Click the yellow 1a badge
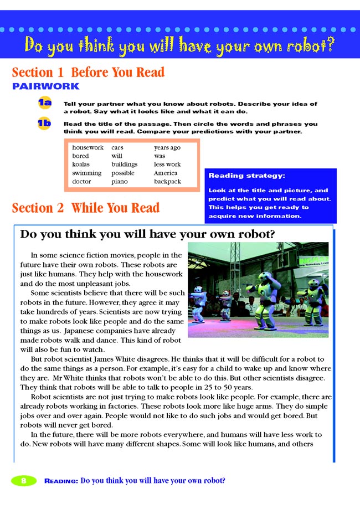(44, 104)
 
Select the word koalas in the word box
(81, 164)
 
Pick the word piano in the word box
(119, 181)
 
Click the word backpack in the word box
(168, 181)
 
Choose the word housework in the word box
(88, 148)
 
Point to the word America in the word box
(166, 173)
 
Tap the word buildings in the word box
(124, 164)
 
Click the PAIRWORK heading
(45, 86)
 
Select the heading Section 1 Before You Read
(88, 72)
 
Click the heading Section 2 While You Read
(85, 208)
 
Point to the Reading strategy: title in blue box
(246, 176)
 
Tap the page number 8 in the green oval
(24, 480)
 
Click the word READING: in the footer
(61, 481)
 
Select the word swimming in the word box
(86, 173)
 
